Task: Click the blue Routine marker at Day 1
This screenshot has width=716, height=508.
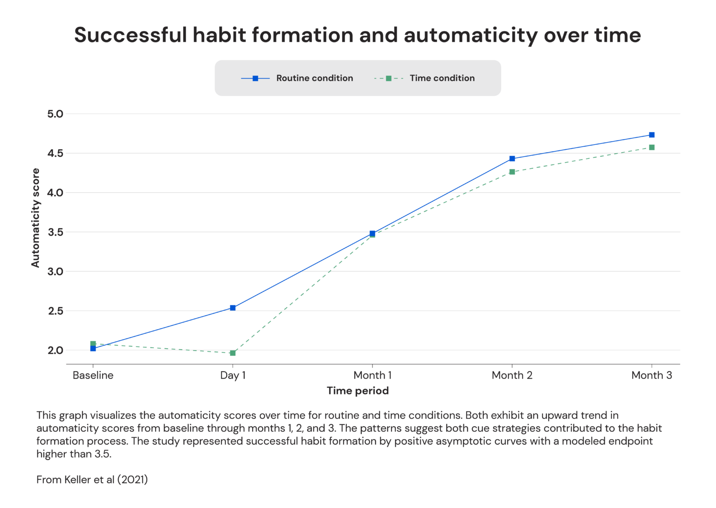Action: (233, 308)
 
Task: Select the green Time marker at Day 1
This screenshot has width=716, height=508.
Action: (233, 353)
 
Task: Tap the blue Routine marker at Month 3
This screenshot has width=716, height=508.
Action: (652, 135)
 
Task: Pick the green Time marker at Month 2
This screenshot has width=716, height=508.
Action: (512, 172)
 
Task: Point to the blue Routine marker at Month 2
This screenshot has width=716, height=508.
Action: (512, 159)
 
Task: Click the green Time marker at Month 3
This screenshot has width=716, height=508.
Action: (652, 147)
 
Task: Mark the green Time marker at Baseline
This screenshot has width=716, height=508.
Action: (93, 344)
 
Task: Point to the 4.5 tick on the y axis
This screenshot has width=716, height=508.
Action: (55, 153)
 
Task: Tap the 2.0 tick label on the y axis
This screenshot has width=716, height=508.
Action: (55, 350)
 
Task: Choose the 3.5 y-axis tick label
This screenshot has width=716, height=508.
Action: (55, 232)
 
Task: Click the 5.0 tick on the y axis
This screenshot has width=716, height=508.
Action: (55, 114)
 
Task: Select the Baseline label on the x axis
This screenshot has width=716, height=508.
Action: (93, 375)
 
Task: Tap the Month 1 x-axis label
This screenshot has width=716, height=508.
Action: (372, 375)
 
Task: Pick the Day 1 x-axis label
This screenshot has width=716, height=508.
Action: (233, 375)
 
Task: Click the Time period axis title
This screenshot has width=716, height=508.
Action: (358, 391)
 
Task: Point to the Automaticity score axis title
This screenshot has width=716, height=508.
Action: (35, 218)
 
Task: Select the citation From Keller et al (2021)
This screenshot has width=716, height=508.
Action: (92, 480)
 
